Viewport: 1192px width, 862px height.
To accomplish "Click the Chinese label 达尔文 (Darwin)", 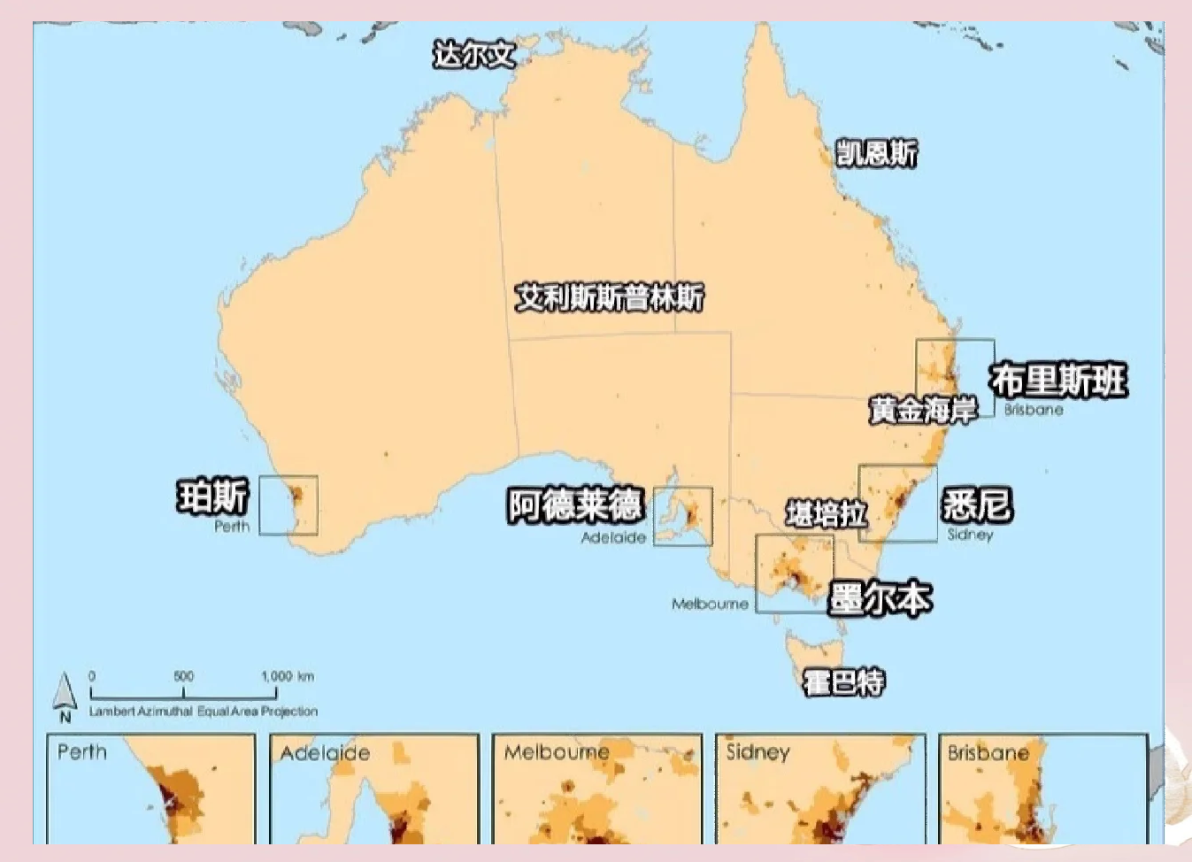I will [473, 55].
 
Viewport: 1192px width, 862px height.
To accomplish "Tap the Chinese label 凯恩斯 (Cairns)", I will [877, 153].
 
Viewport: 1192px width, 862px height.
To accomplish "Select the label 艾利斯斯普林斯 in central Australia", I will [610, 297].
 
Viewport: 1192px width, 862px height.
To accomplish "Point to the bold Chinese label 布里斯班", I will [1058, 381].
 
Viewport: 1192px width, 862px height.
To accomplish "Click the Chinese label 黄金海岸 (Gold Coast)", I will [922, 410].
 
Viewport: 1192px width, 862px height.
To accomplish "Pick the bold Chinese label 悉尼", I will [977, 504].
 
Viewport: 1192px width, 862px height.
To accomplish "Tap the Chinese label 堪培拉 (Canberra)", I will [826, 513].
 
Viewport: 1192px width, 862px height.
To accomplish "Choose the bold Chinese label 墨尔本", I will [880, 599].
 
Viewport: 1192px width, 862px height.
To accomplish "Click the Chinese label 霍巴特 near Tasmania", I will [842, 682].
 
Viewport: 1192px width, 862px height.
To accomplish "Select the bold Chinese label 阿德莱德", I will [574, 505].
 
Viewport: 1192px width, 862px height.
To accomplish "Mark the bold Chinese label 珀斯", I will [213, 496].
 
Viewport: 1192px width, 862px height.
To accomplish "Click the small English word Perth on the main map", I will [232, 527].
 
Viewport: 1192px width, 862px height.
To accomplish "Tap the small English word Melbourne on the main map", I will [710, 604].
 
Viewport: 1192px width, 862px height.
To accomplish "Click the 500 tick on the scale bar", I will [183, 677].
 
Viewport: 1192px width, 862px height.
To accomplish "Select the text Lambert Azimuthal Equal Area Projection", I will [203, 711].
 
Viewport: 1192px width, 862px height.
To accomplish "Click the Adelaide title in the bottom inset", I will [325, 753].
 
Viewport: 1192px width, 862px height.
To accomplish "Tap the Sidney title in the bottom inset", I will [757, 752].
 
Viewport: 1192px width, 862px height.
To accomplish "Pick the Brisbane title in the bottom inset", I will [988, 753].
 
